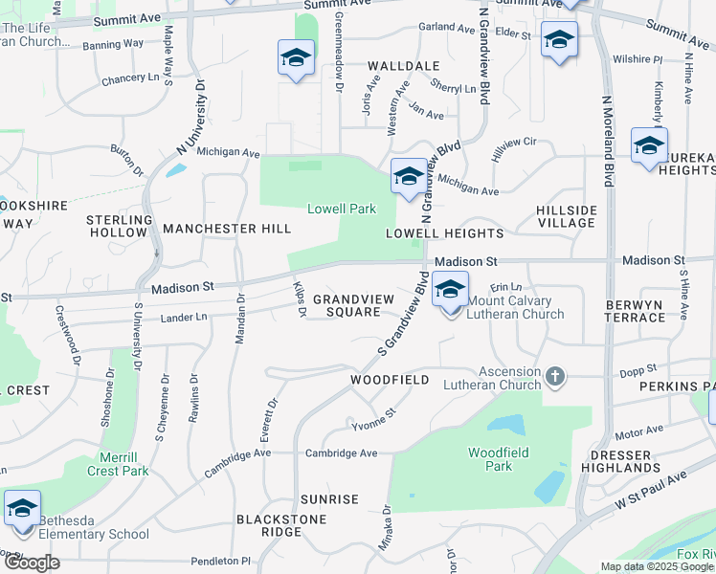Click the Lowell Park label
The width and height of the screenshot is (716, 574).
341,209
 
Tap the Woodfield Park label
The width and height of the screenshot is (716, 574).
491,459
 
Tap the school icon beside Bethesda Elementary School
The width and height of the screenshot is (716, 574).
22,507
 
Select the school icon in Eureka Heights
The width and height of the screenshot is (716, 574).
649,146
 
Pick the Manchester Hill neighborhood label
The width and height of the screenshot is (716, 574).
227,229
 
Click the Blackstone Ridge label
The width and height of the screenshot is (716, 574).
281,525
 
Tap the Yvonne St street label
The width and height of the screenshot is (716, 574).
373,420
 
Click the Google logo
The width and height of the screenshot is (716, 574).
32,563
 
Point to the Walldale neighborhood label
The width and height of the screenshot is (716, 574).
403,66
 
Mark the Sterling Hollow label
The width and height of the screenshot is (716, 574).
120,226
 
